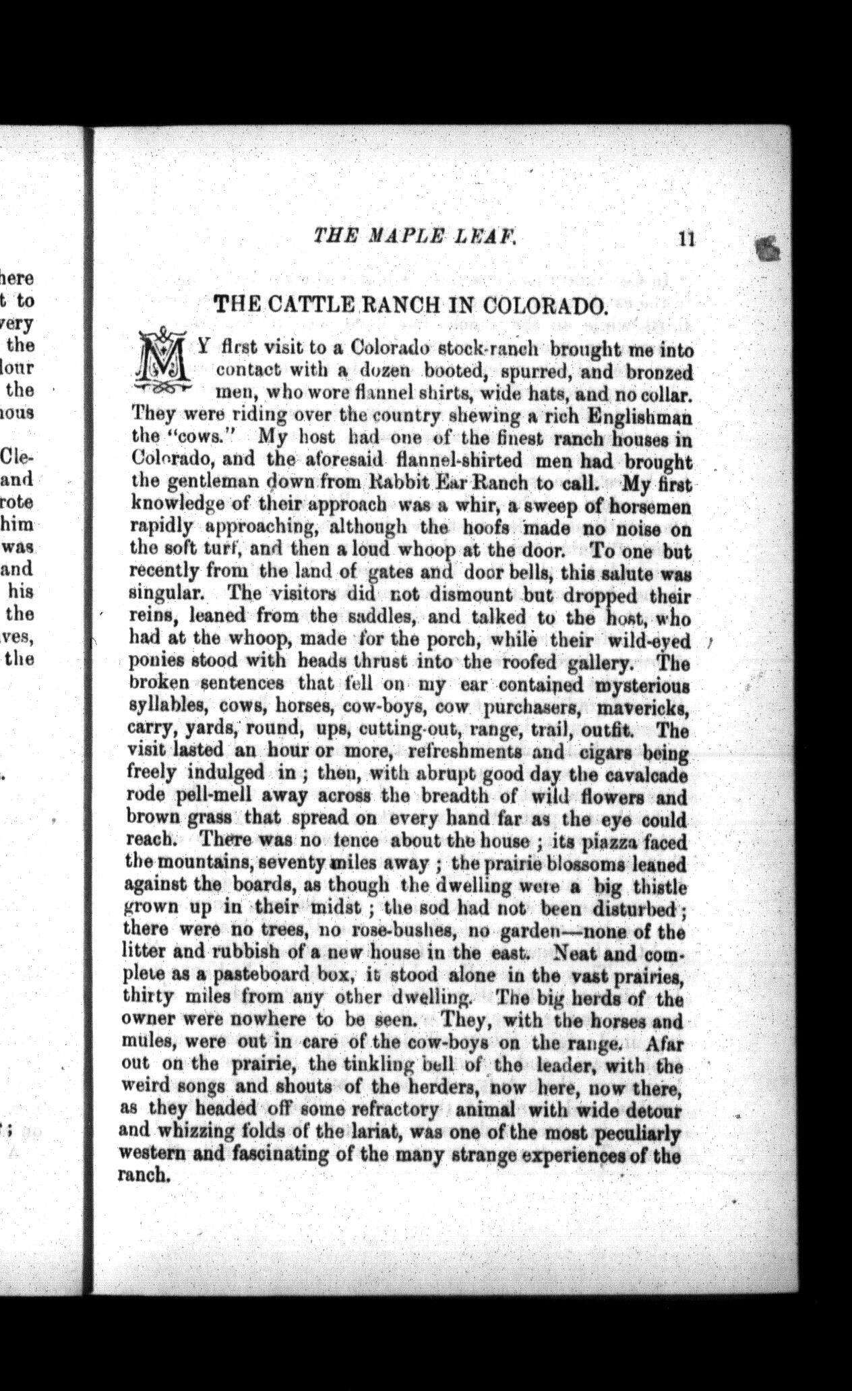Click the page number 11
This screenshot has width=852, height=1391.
click(x=687, y=239)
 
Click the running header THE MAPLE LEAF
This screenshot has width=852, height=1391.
click(x=415, y=236)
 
